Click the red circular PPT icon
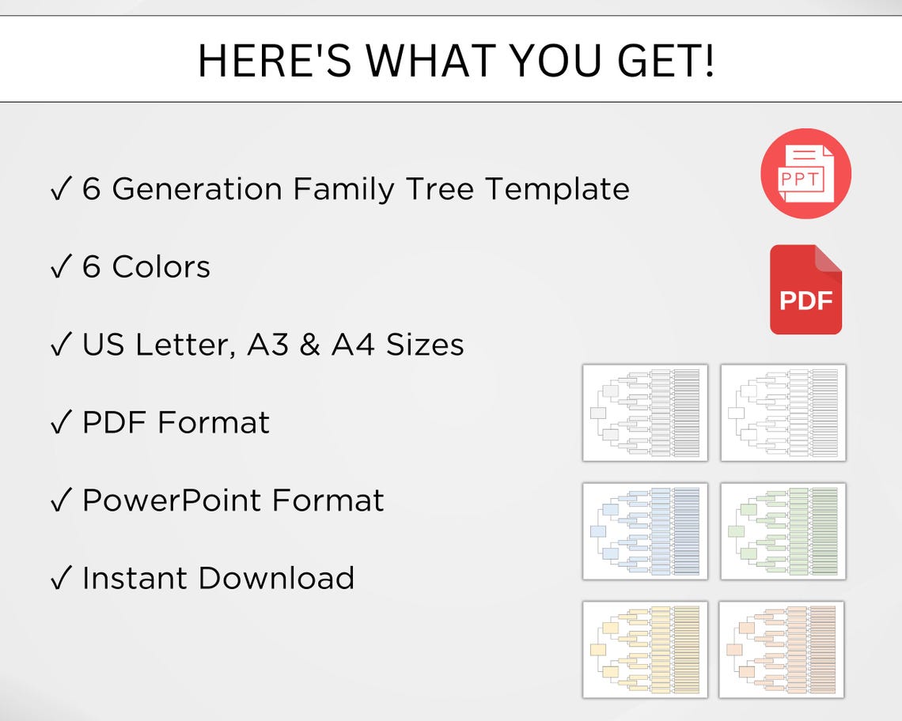pyautogui.click(x=805, y=174)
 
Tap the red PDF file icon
pyautogui.click(x=805, y=289)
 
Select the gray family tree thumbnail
pyautogui.click(x=645, y=413)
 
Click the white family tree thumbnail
pyautogui.click(x=783, y=413)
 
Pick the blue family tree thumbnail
pyautogui.click(x=645, y=530)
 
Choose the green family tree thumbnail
pyautogui.click(x=783, y=530)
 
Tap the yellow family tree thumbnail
pyautogui.click(x=645, y=649)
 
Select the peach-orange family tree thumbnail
pyautogui.click(x=782, y=649)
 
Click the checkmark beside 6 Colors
pyautogui.click(x=60, y=268)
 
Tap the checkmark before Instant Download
pyautogui.click(x=60, y=579)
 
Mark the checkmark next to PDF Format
pyautogui.click(x=60, y=423)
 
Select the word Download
pyautogui.click(x=276, y=578)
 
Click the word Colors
pyautogui.click(x=161, y=267)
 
